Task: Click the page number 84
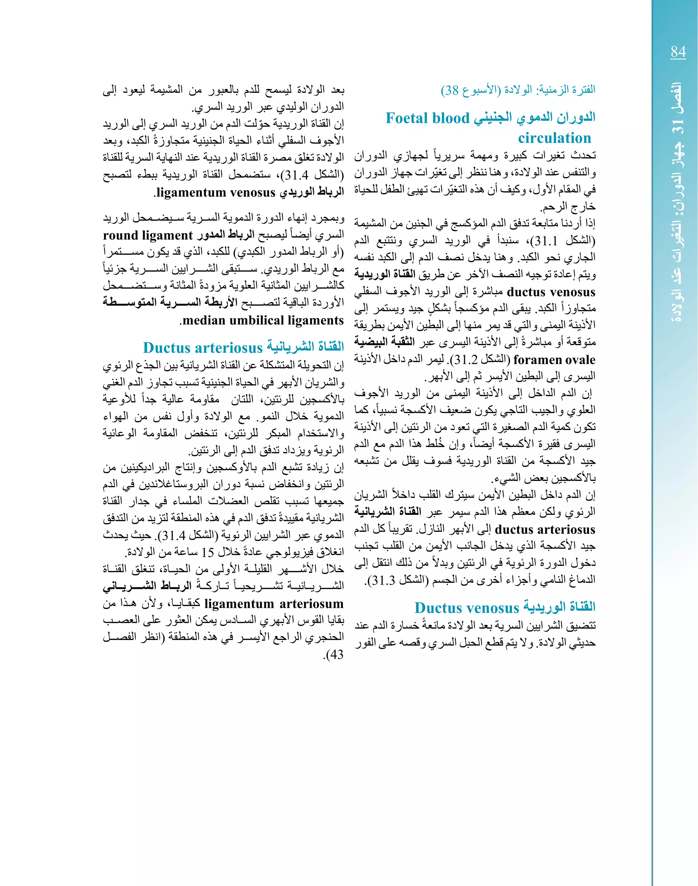[x=678, y=52]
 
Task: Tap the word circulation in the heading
[x=554, y=138]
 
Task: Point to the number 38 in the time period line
[x=451, y=90]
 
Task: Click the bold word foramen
[x=538, y=360]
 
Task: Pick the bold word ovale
[x=580, y=360]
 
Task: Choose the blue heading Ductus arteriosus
[x=202, y=347]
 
